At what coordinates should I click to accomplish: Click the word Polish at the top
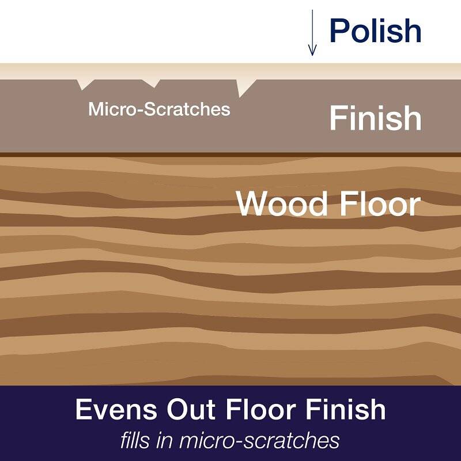[x=376, y=30]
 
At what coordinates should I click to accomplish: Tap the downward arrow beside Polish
[x=312, y=32]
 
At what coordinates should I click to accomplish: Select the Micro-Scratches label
[x=159, y=109]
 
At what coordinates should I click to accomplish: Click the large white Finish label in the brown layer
[x=376, y=118]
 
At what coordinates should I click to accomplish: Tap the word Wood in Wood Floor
[x=282, y=204]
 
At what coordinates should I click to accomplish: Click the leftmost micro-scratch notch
[x=85, y=84]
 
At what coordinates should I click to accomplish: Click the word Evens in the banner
[x=116, y=410]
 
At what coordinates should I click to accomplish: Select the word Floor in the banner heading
[x=262, y=410]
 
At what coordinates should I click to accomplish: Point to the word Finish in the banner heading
[x=346, y=410]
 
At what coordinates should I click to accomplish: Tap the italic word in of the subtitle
[x=165, y=441]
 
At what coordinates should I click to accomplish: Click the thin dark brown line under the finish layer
[x=231, y=154]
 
